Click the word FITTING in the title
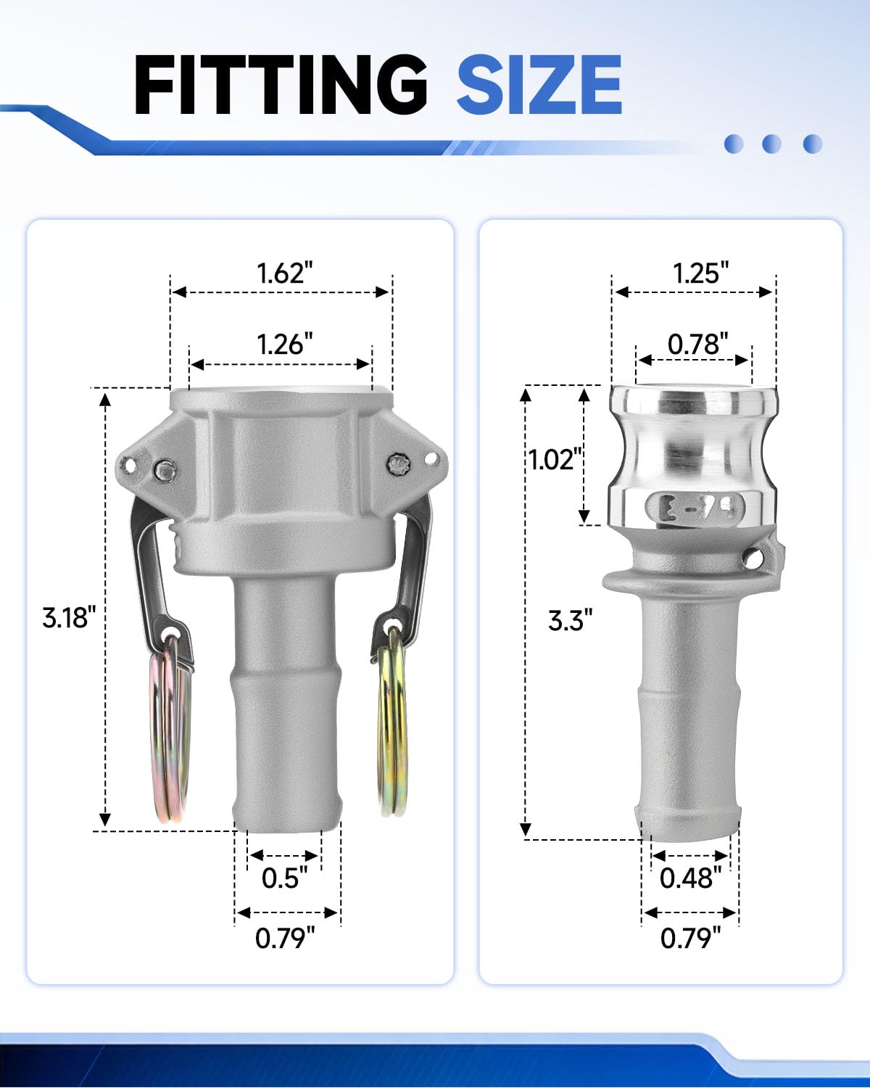(281, 85)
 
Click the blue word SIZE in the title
(539, 85)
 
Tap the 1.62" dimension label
(285, 273)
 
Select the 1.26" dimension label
(285, 345)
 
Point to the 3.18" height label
(68, 617)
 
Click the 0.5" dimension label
(284, 878)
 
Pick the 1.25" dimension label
(700, 273)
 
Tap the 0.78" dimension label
(697, 345)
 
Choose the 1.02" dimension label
(555, 460)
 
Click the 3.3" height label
(570, 620)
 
